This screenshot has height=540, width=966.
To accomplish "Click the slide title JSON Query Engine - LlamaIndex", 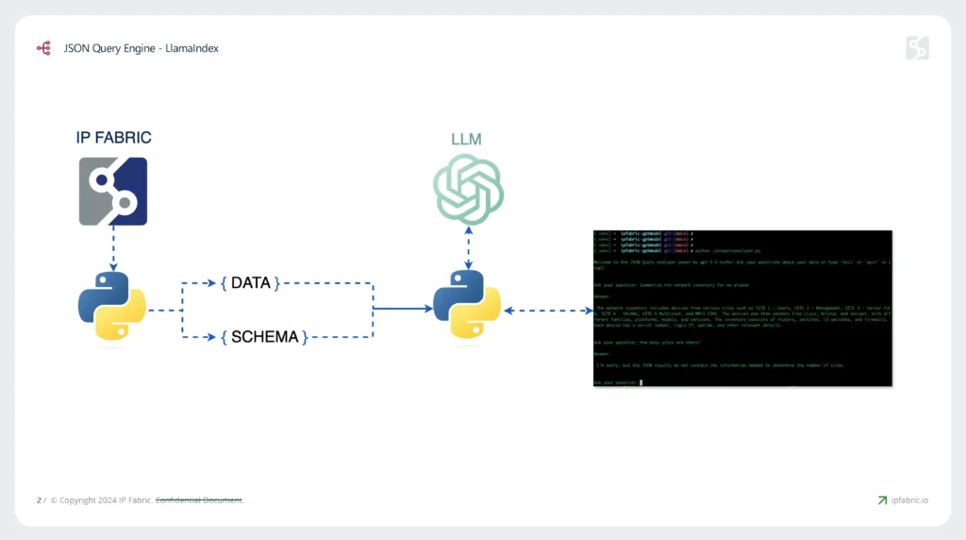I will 142,47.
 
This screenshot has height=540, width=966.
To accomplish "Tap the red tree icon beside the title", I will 43,47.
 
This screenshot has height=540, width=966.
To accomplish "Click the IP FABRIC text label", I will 113,138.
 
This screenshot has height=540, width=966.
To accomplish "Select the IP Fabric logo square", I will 113,192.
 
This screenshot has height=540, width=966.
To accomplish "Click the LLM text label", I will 466,140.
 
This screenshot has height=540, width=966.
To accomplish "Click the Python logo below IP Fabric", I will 111,308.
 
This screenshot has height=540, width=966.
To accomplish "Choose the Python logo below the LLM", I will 466,308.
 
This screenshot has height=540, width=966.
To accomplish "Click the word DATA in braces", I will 250,283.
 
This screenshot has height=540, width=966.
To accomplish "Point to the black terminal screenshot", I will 742,307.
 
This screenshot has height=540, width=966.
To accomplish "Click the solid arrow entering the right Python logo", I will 401,309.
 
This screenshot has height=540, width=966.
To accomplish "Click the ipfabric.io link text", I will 909,500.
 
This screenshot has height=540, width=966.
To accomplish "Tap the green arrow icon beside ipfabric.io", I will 882,500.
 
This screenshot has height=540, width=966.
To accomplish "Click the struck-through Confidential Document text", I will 199,500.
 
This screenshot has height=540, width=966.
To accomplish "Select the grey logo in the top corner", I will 917,48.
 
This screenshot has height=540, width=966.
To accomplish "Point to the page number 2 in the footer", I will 39,500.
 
